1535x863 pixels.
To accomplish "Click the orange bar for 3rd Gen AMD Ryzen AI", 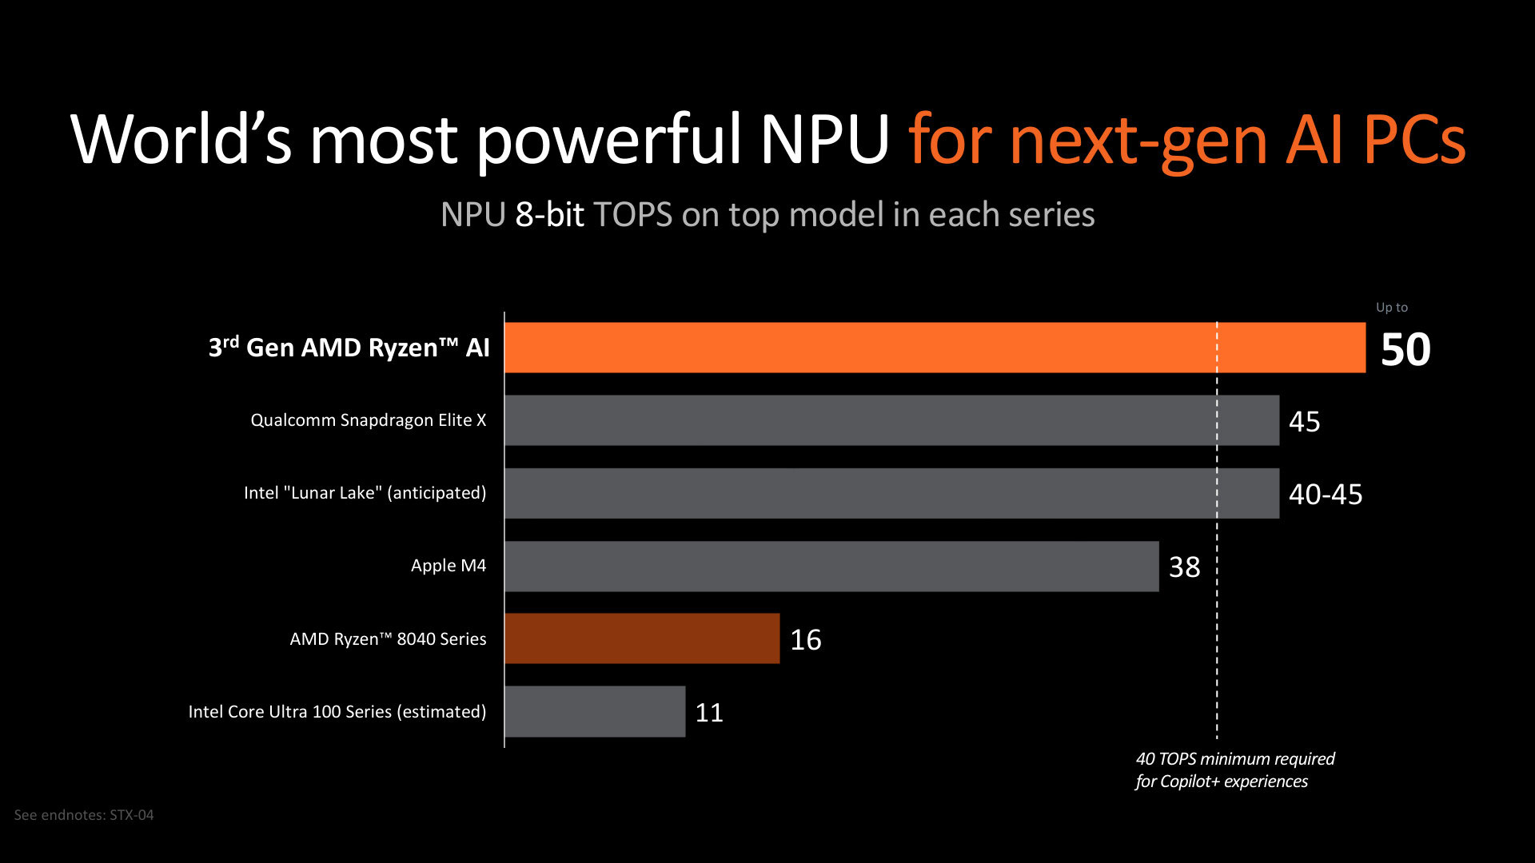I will click(x=935, y=348).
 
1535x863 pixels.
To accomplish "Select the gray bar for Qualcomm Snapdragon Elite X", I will click(x=891, y=420).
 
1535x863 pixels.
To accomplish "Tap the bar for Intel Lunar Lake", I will click(x=891, y=493).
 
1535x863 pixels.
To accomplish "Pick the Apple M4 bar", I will click(x=831, y=567).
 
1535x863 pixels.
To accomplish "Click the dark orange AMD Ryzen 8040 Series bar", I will click(x=642, y=638).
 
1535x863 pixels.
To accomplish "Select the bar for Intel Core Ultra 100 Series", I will click(x=595, y=711).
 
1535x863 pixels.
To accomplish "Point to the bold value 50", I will click(x=1405, y=350).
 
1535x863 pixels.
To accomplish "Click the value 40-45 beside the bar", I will click(x=1325, y=495).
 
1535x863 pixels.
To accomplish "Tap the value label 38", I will click(x=1184, y=567).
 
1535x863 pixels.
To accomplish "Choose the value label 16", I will click(x=805, y=640).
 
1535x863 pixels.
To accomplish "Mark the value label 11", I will click(x=709, y=713).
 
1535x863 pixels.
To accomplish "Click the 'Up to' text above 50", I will click(x=1391, y=308).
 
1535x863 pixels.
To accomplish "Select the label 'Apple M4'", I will click(x=448, y=566).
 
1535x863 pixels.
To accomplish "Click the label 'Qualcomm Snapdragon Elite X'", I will click(x=368, y=420).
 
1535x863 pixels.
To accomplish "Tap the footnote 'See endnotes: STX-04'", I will click(x=84, y=815).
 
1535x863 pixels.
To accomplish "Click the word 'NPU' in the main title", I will click(x=824, y=140).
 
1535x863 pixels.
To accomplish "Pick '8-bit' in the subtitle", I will click(x=549, y=215).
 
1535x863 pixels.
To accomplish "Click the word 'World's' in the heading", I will click(x=181, y=140).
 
